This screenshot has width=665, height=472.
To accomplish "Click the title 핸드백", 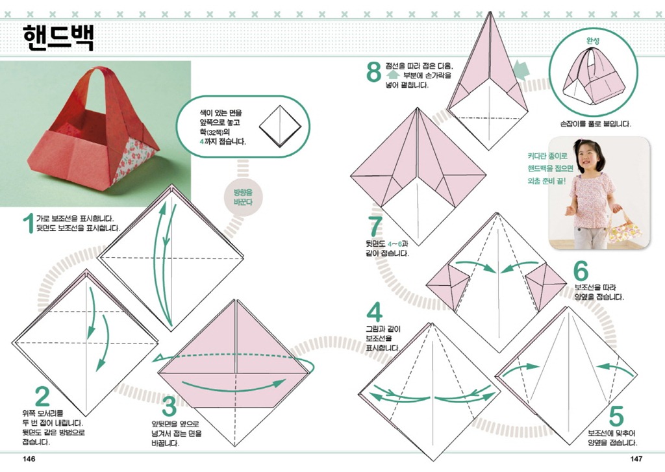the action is [x=58, y=37].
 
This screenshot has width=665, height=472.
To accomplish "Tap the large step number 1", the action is [x=29, y=223].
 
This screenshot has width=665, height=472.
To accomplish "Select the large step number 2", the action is [x=42, y=397].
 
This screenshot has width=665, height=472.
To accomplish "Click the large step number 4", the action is [x=374, y=312].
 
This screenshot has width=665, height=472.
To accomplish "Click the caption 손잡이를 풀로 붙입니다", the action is [x=595, y=124].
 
